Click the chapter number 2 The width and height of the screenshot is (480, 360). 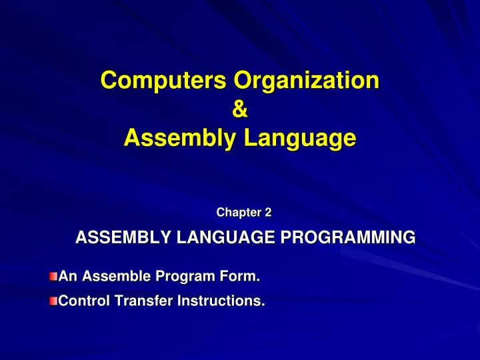[x=268, y=213]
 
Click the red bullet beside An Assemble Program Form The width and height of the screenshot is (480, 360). [x=53, y=275]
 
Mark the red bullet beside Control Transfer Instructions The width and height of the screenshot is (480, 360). [x=53, y=301]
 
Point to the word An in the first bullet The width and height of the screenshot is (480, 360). [x=67, y=275]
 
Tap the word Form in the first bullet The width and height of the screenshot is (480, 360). [x=240, y=275]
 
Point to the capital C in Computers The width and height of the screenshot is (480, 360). [x=109, y=81]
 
